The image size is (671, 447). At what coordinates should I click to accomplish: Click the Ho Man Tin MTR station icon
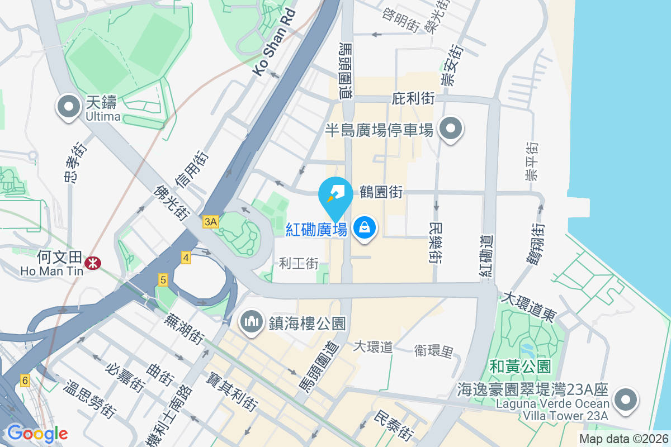tap(89, 261)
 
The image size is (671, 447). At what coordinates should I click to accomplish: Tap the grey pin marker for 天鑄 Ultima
tap(68, 106)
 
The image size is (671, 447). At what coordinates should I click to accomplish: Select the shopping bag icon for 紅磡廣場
tap(365, 228)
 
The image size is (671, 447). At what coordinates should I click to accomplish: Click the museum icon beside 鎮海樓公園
tap(252, 321)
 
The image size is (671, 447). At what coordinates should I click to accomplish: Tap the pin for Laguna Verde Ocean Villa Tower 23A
tap(625, 400)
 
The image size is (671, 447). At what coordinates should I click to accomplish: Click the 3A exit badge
tap(210, 222)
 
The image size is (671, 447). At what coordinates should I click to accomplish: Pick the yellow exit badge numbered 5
tap(163, 280)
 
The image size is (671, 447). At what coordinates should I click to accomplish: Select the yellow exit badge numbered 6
tap(25, 380)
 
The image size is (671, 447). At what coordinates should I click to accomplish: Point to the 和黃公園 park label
tap(520, 367)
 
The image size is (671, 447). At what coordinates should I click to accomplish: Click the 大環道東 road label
tap(529, 306)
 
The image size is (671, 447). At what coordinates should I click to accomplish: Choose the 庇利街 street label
tap(414, 99)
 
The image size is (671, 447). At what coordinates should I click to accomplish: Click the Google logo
tap(37, 434)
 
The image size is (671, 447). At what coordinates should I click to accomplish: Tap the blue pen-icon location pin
tap(335, 196)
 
